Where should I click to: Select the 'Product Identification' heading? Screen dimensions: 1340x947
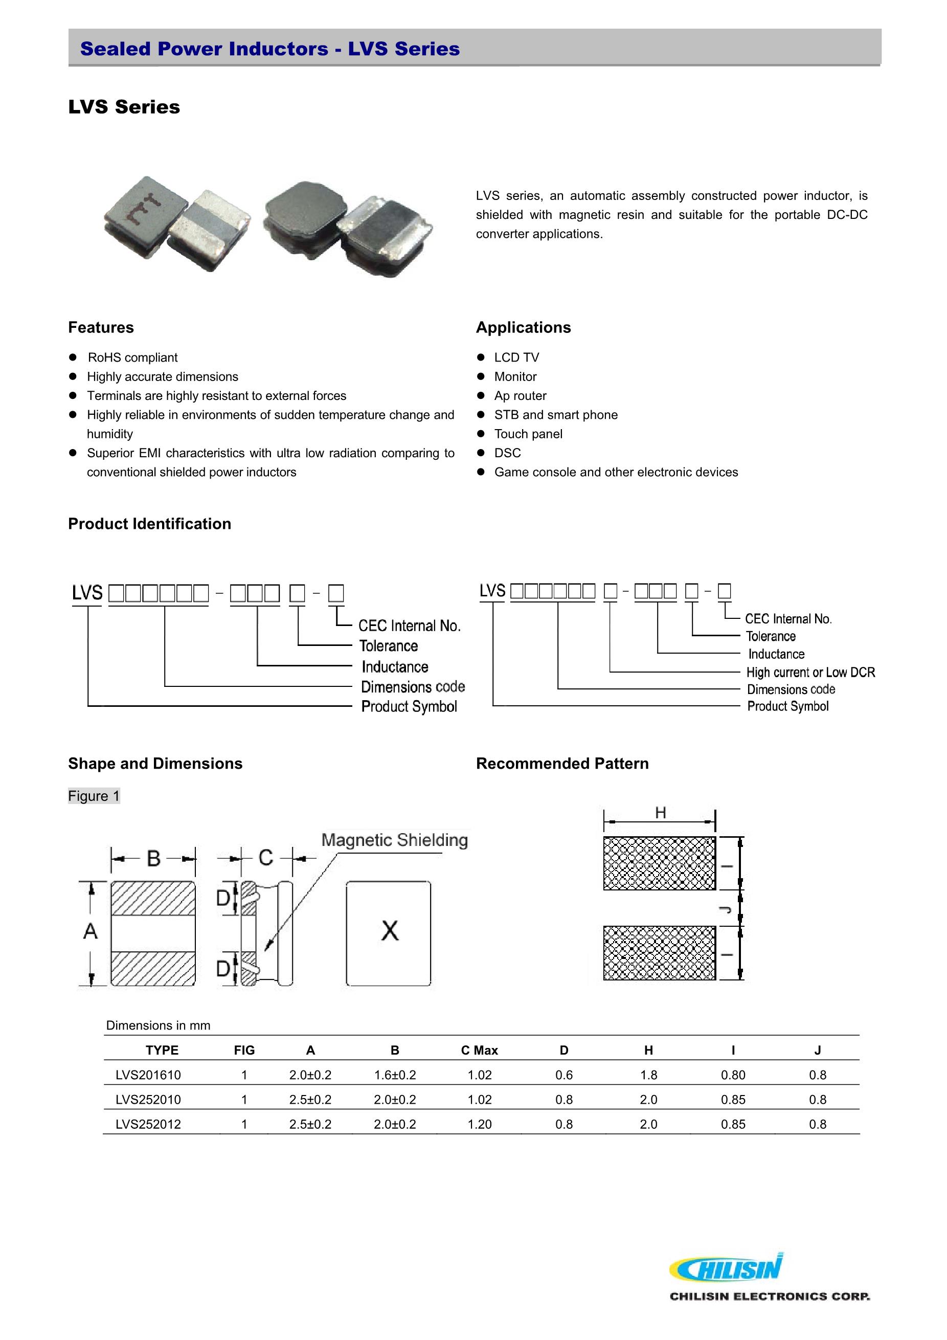(x=149, y=524)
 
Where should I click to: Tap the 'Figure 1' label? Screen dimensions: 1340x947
(x=94, y=796)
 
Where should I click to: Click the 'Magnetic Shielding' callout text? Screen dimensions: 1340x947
(x=394, y=840)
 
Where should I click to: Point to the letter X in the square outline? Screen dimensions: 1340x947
(x=390, y=930)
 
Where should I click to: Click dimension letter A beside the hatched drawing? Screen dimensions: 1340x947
(x=91, y=931)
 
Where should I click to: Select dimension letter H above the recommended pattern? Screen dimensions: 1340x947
(x=660, y=812)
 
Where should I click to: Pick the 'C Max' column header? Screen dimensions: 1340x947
(x=479, y=1050)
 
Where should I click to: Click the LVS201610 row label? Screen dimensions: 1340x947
(x=148, y=1075)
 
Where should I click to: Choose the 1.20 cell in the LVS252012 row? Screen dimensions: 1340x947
(x=479, y=1124)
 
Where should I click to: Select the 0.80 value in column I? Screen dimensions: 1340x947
(x=733, y=1075)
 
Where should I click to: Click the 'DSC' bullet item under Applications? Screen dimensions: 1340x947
(x=507, y=453)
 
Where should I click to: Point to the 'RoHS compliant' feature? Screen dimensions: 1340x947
(x=132, y=357)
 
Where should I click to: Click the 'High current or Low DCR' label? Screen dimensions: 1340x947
(x=810, y=673)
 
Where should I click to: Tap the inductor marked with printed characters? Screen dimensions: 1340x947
(x=146, y=216)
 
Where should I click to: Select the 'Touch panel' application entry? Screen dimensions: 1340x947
(x=528, y=434)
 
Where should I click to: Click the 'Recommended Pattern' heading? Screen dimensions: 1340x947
(x=562, y=764)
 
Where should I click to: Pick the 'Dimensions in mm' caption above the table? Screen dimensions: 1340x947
(x=158, y=1025)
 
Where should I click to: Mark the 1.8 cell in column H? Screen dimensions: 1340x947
(x=648, y=1075)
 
